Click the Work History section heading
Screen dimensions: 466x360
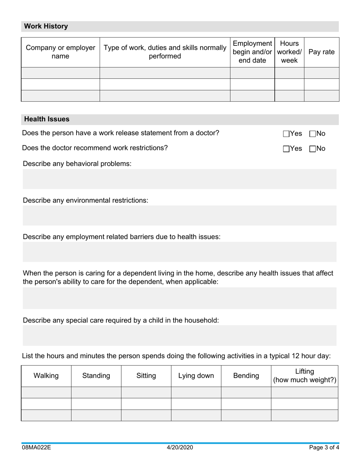pos(46,26)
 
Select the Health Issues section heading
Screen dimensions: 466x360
pos(47,119)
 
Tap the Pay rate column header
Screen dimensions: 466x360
pos(321,52)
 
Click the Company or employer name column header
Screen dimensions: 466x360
pos(60,52)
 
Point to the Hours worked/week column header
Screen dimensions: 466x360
pos(289,52)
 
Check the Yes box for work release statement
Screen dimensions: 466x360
pos(286,134)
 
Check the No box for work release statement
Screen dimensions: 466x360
pos(313,134)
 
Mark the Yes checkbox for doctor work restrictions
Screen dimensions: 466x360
pos(286,149)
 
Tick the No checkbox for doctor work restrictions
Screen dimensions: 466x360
pos(313,149)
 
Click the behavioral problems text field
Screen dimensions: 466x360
pos(179,179)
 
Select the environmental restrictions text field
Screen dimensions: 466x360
pos(179,216)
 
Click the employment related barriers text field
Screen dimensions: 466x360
pos(179,252)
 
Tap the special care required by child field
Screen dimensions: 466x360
pos(179,335)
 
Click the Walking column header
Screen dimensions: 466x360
pos(46,376)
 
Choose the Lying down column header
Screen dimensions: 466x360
pos(196,376)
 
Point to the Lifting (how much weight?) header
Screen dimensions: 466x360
pos(304,376)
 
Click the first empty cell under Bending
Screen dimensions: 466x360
pos(246,393)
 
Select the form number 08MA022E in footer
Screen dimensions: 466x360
pos(36,447)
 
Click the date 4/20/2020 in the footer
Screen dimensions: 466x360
pos(180,447)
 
